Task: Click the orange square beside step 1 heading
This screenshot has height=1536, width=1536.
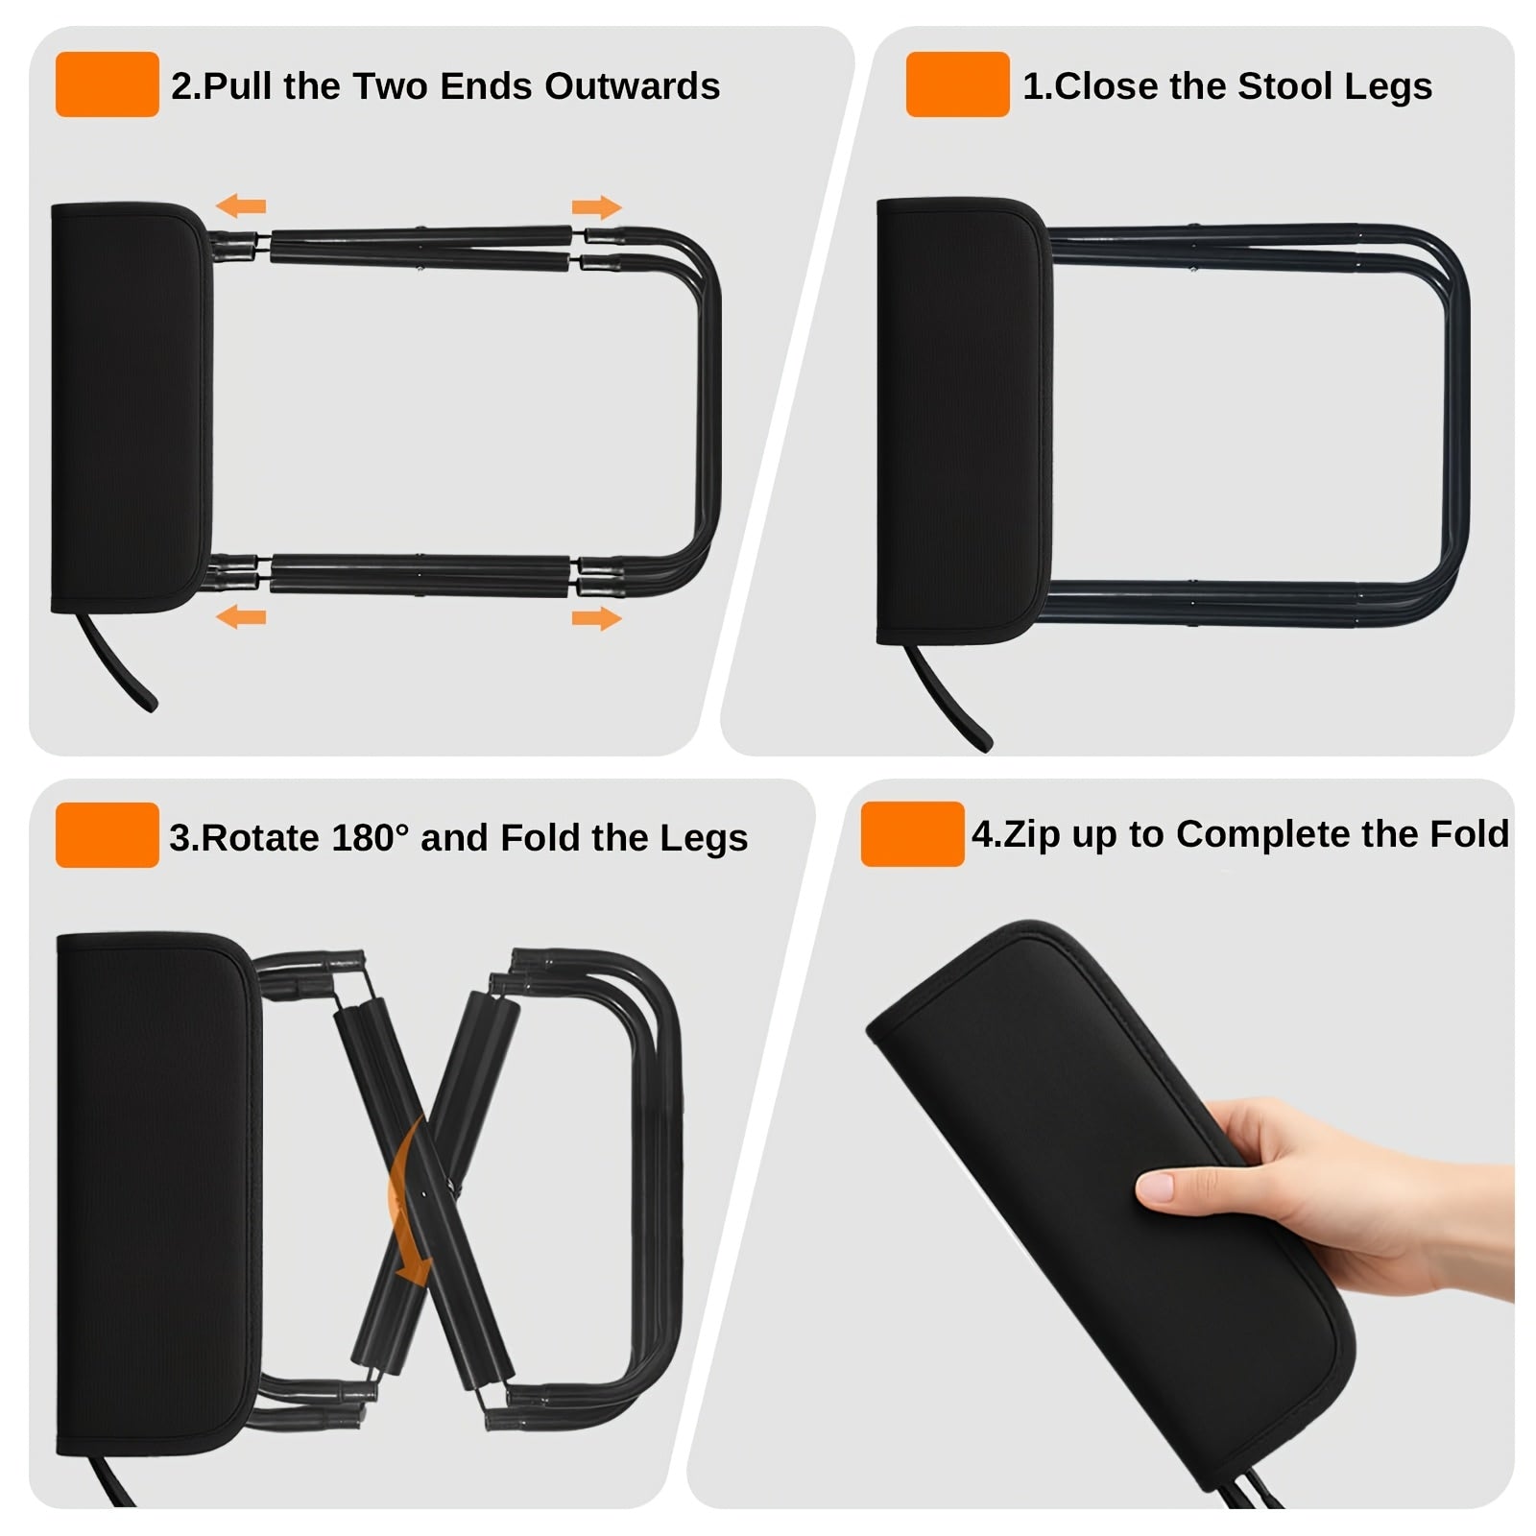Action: click(957, 84)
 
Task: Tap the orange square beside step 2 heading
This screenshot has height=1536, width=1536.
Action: click(107, 84)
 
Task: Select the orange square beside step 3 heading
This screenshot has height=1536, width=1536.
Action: click(107, 835)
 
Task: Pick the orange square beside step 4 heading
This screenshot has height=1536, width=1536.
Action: click(912, 834)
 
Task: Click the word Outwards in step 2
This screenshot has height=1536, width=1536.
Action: click(633, 86)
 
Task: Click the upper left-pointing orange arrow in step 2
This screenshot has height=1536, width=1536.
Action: click(240, 205)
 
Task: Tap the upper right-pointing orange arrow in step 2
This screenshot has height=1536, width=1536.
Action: click(597, 207)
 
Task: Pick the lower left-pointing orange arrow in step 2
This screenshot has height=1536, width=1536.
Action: click(240, 615)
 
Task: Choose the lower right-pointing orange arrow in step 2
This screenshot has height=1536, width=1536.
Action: click(597, 618)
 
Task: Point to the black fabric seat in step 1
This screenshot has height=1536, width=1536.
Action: click(964, 420)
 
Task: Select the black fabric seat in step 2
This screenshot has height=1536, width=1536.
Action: click(131, 408)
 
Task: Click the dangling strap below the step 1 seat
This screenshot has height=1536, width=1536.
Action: click(948, 697)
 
